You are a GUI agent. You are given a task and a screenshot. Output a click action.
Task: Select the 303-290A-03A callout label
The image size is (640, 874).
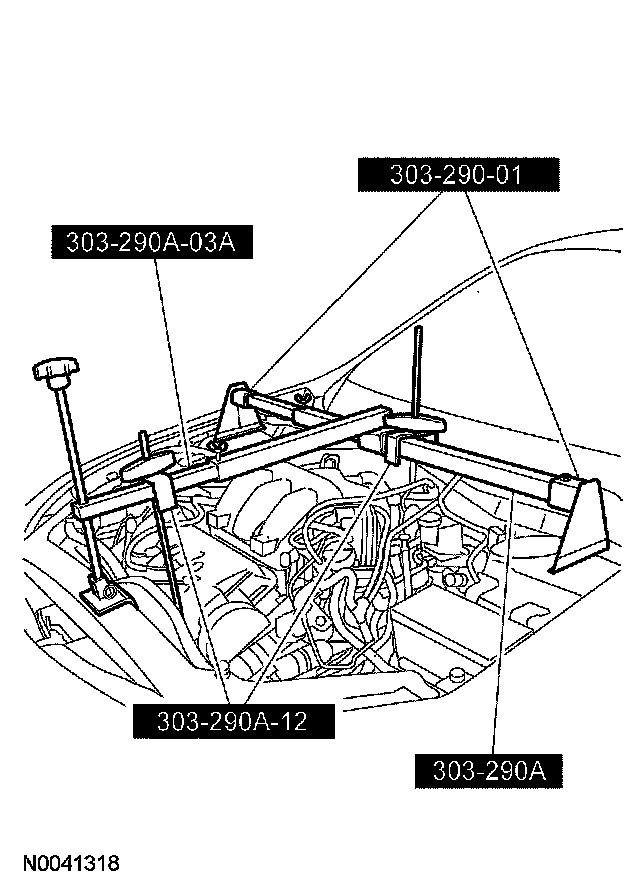(150, 243)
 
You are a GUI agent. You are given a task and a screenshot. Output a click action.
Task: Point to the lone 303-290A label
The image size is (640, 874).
(488, 771)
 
